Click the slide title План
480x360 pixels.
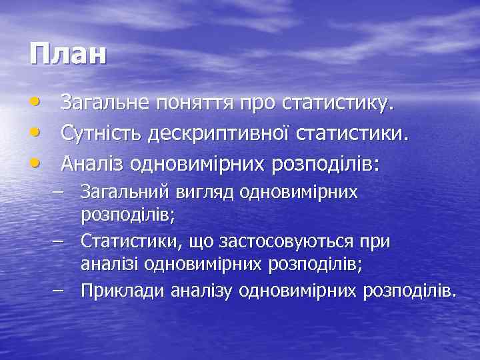(x=68, y=54)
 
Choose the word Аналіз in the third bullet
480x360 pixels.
(x=92, y=163)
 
